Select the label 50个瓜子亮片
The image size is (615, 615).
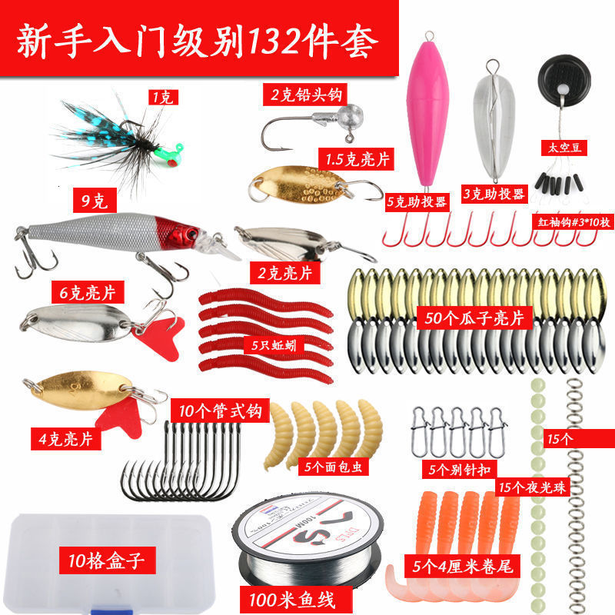pos(474,317)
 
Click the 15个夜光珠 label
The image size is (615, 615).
pos(531,486)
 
